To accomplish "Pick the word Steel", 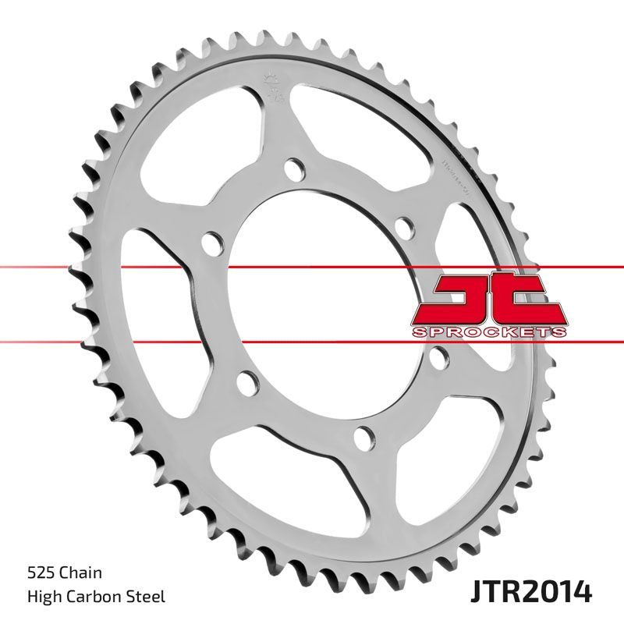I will (x=148, y=597).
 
